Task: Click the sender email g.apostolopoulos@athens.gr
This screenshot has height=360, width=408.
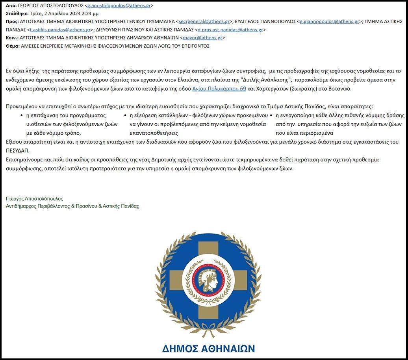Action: (119, 6)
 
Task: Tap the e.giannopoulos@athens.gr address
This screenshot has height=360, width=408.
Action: (329, 21)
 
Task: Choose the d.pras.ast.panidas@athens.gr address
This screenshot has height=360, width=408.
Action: (230, 30)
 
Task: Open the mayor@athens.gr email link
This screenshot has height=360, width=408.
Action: (202, 38)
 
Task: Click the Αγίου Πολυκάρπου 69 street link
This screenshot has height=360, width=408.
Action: (219, 89)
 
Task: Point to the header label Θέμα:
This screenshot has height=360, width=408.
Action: (13, 46)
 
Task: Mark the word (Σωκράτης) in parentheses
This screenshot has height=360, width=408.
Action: (303, 89)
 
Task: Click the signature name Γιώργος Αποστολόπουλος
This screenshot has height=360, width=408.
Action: (35, 199)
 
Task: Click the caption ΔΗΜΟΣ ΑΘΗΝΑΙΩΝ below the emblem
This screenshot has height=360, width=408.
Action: (208, 349)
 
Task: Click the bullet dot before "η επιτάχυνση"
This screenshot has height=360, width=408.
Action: (21, 115)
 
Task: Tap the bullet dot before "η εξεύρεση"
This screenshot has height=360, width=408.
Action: (125, 115)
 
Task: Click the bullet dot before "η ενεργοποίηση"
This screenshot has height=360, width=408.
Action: (271, 115)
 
